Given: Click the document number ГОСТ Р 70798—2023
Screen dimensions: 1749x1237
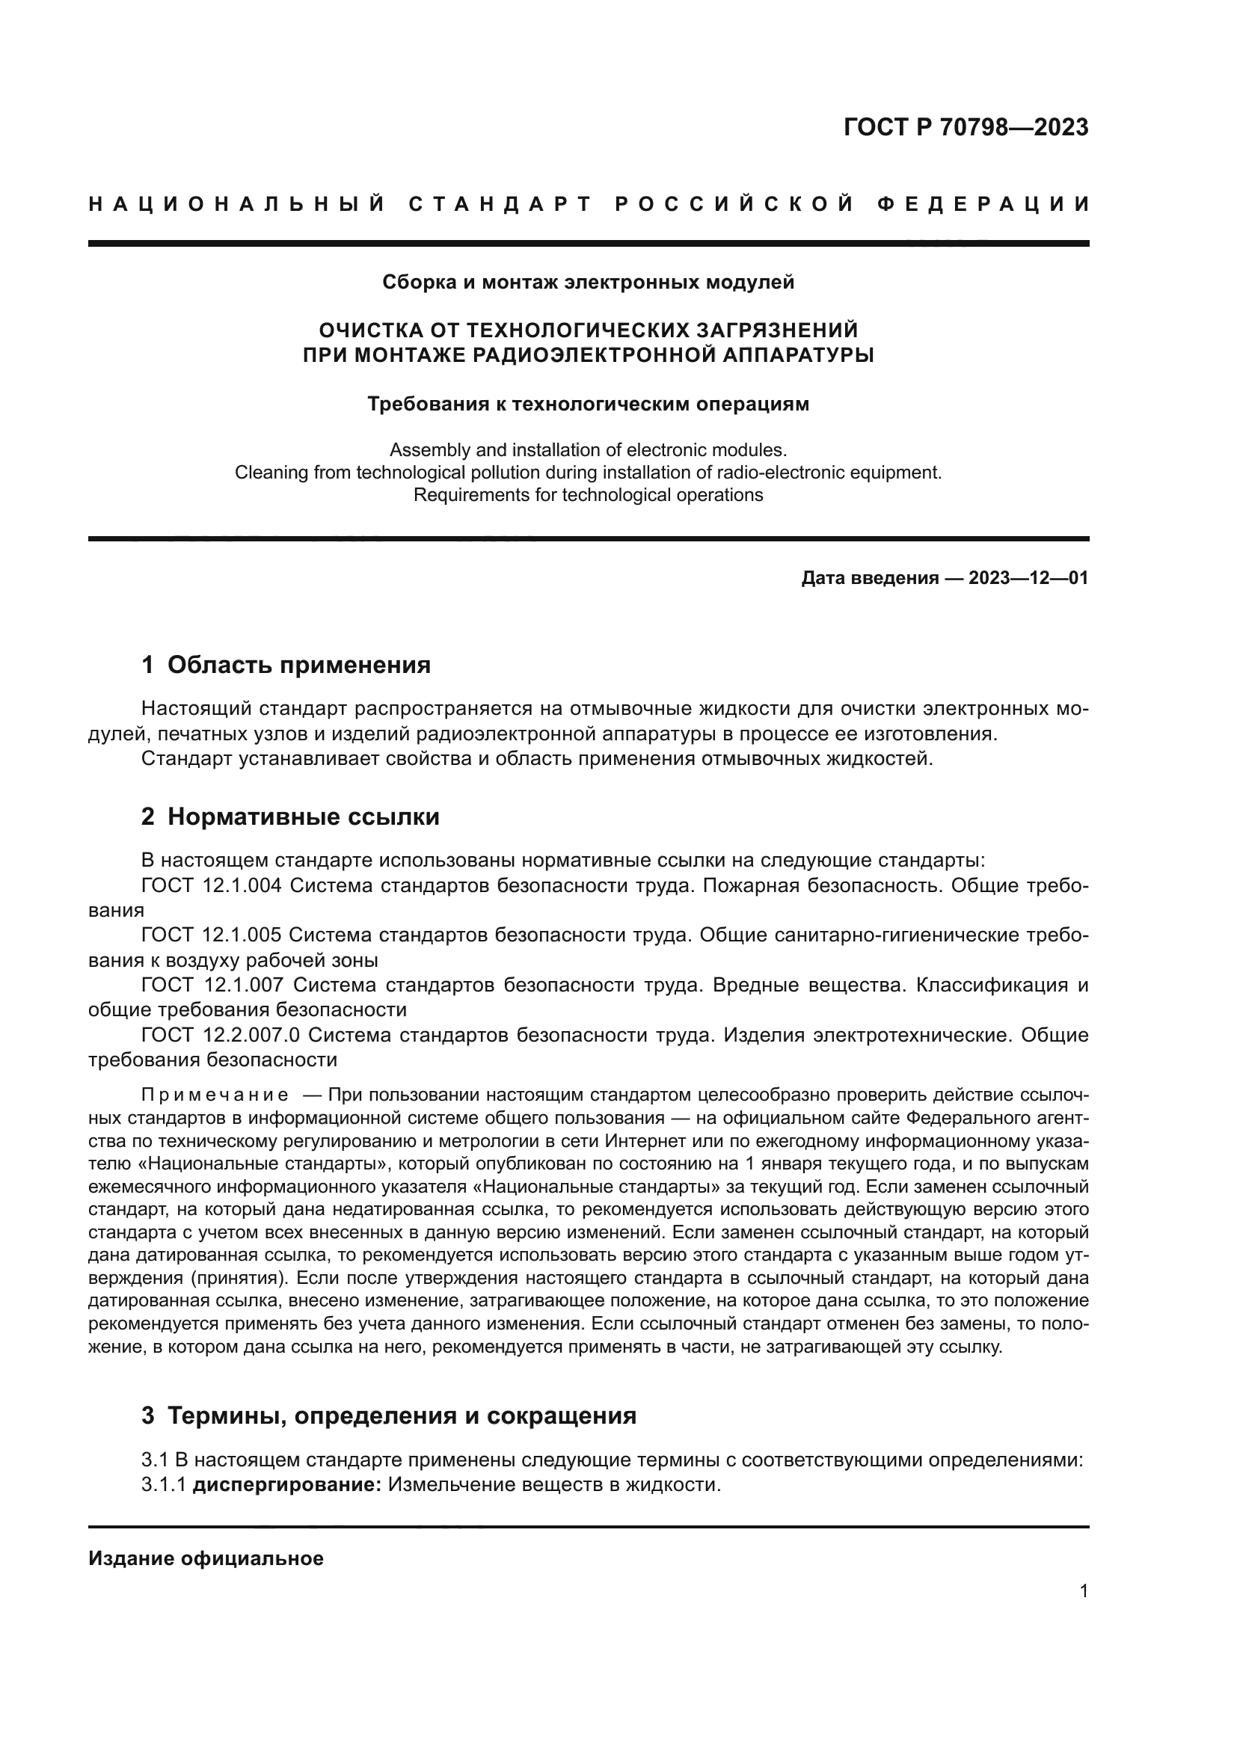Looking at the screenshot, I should (965, 127).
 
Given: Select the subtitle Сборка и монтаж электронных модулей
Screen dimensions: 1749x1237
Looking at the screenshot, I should (588, 283).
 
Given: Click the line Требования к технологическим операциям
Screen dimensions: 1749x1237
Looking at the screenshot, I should (588, 404).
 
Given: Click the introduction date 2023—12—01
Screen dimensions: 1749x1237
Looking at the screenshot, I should (1028, 578).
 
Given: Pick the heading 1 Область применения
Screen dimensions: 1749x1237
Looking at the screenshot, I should (286, 665).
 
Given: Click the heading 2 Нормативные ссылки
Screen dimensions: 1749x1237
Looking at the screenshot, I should (290, 817).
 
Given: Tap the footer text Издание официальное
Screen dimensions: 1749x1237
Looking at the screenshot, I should (206, 1558).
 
